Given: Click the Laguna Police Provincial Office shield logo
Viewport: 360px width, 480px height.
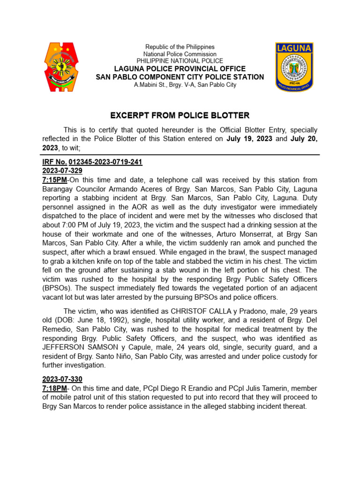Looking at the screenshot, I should [x=294, y=67].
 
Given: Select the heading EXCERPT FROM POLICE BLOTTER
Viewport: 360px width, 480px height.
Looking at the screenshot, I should [x=180, y=115].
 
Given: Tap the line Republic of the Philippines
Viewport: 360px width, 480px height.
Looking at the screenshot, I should [x=180, y=47].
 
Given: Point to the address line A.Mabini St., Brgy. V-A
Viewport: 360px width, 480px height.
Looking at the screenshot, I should [x=180, y=85].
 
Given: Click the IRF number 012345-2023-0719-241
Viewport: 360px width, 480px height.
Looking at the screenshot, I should [x=105, y=162].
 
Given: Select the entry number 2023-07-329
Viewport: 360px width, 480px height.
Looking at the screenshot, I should [x=62, y=171].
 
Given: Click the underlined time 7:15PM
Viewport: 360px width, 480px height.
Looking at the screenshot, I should [x=54, y=180].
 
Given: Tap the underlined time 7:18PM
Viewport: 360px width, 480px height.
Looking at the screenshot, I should [x=54, y=388].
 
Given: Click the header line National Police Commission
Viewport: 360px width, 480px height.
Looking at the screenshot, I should [x=180, y=54].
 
